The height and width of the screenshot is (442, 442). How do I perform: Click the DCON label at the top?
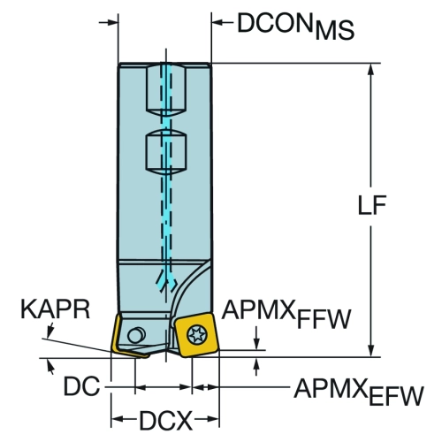274,23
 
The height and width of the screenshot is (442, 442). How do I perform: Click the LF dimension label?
371,205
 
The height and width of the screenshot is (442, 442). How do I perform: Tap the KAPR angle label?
55,309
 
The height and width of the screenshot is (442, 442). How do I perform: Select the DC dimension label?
81,386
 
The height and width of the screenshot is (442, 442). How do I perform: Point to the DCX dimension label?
165,421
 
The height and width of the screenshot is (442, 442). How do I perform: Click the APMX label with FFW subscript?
286,314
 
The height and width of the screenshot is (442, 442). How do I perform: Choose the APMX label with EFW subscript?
359,392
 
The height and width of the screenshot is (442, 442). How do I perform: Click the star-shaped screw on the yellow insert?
197,334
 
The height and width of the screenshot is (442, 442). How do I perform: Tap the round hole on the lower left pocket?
136,335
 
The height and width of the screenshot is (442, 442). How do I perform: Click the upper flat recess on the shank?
166,90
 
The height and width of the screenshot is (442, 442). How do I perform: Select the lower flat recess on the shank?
166,152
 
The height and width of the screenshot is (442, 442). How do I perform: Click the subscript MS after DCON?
334,30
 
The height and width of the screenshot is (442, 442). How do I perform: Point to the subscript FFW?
324,319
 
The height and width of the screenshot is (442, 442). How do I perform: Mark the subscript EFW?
396,396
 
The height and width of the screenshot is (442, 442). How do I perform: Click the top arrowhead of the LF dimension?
371,69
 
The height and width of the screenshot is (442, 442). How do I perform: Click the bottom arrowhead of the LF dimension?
371,350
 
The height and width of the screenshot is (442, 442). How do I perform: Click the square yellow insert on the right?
196,335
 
